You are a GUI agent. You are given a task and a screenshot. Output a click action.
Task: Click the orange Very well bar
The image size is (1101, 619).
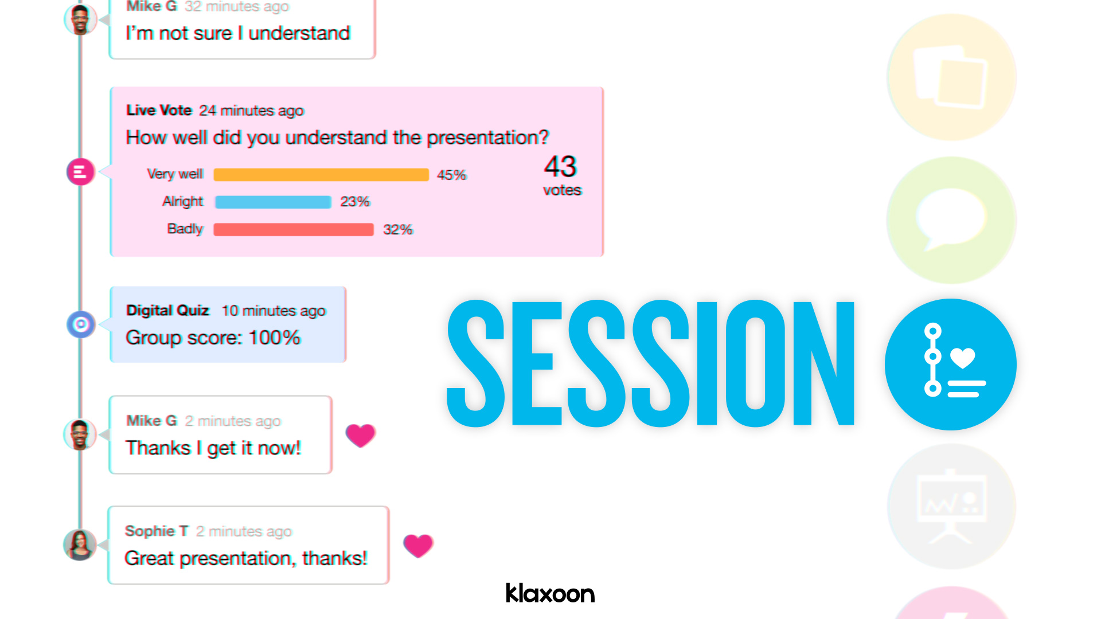click(x=321, y=175)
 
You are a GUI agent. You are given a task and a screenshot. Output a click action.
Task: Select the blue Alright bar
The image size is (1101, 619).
click(x=273, y=202)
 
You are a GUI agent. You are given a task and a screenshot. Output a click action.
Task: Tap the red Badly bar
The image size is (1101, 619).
click(x=294, y=229)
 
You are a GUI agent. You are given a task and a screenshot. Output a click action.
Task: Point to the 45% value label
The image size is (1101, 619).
click(x=452, y=175)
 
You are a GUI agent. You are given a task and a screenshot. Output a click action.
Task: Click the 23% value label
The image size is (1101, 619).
click(x=355, y=202)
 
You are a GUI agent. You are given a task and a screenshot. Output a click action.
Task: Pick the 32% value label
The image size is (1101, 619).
click(x=398, y=229)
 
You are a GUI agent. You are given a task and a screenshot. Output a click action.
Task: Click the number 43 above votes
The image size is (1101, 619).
click(x=560, y=166)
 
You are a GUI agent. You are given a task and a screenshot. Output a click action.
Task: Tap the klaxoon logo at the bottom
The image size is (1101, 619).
click(x=550, y=593)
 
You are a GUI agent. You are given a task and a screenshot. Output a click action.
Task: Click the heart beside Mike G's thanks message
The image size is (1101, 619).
click(x=360, y=436)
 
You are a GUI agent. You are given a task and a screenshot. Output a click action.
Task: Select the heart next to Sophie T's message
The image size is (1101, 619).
click(x=418, y=546)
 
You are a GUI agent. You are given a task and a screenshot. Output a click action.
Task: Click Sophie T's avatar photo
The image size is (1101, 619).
click(x=80, y=544)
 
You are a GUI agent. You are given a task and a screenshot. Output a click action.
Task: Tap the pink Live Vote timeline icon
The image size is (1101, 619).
click(x=80, y=171)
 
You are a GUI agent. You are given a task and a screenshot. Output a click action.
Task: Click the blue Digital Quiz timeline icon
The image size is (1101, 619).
click(x=81, y=324)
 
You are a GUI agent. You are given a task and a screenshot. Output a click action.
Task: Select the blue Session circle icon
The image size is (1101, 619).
click(x=951, y=365)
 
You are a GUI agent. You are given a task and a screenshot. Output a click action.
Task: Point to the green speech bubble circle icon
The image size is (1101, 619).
click(x=952, y=220)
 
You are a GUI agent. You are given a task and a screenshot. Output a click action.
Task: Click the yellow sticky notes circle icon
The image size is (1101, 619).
click(x=952, y=77)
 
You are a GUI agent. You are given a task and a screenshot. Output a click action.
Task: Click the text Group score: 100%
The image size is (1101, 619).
click(x=213, y=338)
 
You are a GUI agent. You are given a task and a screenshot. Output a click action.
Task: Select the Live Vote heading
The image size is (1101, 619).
click(x=159, y=110)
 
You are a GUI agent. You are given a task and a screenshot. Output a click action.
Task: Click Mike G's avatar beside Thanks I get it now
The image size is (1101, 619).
click(x=80, y=434)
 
